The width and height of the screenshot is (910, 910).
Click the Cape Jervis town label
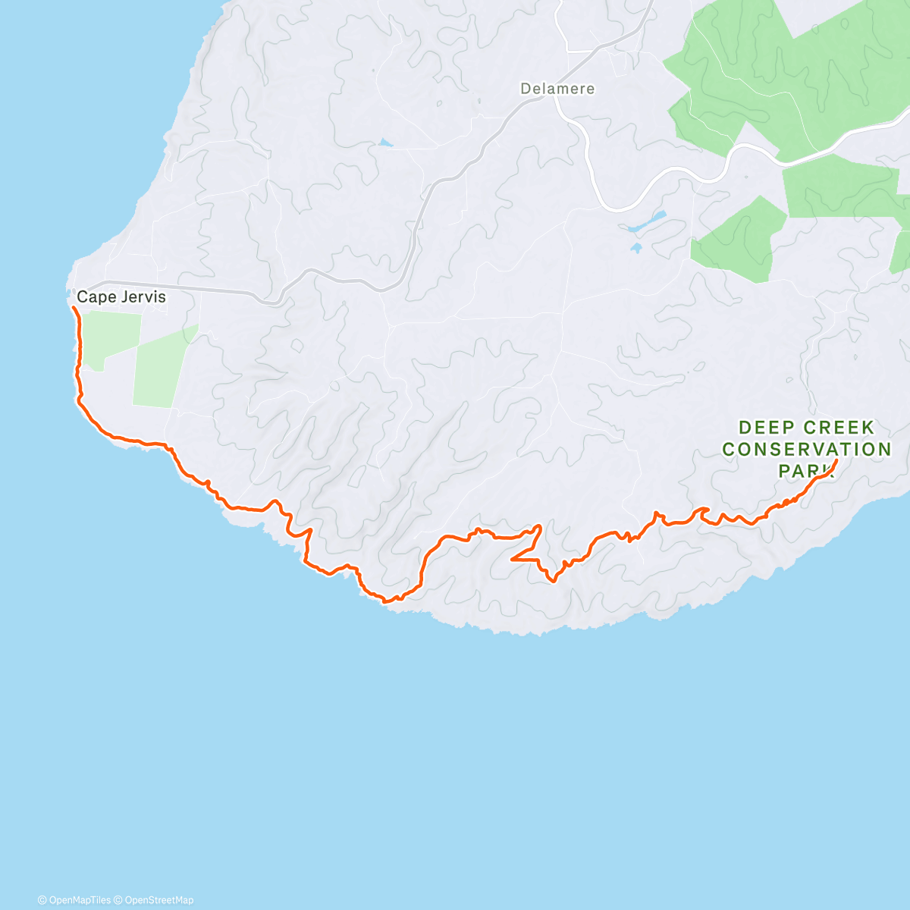pos(121,297)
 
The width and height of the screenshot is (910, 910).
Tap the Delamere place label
pos(557,89)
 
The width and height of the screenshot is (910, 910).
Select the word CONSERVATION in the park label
pos(806,449)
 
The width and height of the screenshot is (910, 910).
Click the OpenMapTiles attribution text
pos(74,900)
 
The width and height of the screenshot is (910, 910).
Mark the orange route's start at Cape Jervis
pos(73,307)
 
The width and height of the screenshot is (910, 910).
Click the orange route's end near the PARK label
pos(836,460)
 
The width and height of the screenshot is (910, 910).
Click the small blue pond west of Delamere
pos(386,142)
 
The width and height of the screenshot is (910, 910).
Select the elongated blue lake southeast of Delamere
pos(645,221)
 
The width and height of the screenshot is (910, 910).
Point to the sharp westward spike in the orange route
pos(513,560)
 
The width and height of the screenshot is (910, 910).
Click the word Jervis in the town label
pos(142,297)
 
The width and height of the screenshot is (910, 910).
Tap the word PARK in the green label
pos(805,470)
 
